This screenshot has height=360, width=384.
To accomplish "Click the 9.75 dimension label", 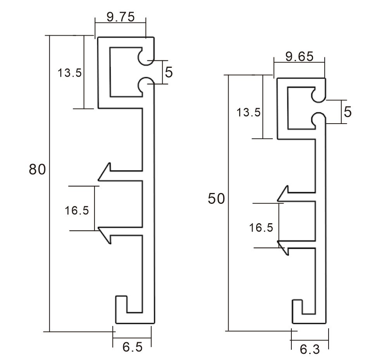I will coord(121,17).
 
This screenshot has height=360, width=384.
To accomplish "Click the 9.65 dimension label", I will coord(299,57).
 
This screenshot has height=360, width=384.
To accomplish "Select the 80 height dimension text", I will coord(37,170).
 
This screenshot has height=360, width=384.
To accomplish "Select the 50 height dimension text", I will coord(216,199).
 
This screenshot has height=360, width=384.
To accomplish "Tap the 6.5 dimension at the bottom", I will coord(132,347).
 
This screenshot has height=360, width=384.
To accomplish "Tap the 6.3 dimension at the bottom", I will coord(310,350).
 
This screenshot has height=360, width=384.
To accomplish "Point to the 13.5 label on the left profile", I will coord(70,72).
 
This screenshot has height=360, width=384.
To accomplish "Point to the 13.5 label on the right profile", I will coord(249,113).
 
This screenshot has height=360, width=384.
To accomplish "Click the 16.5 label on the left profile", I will coord(77,210).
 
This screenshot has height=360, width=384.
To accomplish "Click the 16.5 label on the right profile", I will coord(261,227).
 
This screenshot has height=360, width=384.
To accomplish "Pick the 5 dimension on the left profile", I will coord(169,72).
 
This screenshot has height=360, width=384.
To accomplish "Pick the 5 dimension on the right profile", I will coord(347,112).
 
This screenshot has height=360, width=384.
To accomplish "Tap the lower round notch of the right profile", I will coord(318,119).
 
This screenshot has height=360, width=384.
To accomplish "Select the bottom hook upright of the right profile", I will coord(297,310).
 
